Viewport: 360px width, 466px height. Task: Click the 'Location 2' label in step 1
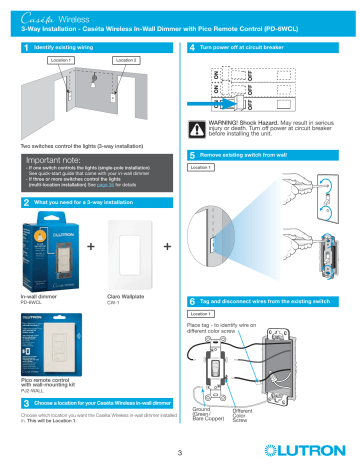click(125, 61)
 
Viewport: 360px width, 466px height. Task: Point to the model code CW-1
click(112, 304)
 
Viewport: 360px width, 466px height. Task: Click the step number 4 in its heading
click(190, 46)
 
